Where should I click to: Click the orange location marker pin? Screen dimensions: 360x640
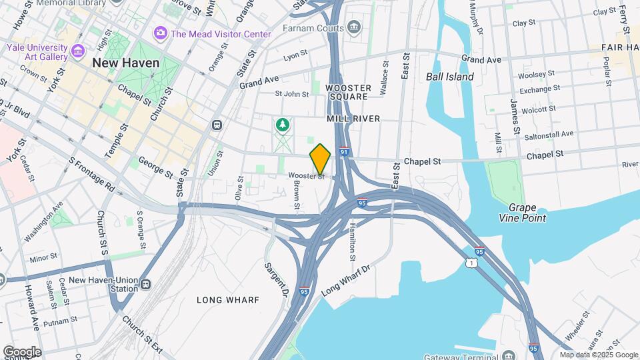[320, 158]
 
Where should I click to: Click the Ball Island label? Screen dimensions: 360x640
[450, 77]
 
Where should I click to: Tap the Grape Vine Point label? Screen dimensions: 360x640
[522, 213]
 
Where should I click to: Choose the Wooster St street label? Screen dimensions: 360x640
[306, 177]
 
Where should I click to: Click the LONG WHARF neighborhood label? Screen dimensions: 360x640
[228, 300]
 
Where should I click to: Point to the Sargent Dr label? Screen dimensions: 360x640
[276, 279]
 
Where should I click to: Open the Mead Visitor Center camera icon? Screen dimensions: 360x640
[160, 33]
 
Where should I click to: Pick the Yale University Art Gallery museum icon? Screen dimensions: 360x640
[79, 51]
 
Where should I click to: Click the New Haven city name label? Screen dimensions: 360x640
[126, 63]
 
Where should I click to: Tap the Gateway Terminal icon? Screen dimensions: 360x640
[509, 354]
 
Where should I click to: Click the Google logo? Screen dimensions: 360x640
[21, 351]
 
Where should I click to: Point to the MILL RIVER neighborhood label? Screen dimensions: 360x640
[353, 119]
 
